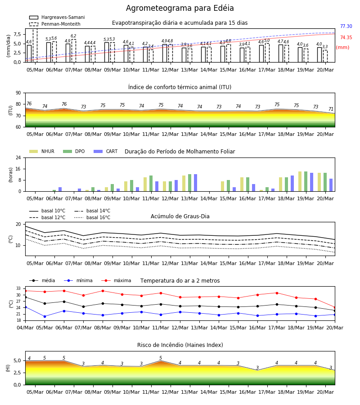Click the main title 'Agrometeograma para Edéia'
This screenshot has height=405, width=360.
point(180,8)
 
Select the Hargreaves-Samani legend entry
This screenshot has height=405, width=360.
point(57,17)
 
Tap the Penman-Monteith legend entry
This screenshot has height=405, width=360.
point(55,24)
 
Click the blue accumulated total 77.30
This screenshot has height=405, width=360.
point(346,26)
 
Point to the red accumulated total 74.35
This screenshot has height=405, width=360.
point(346,37)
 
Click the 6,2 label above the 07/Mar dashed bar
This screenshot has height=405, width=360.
point(73,36)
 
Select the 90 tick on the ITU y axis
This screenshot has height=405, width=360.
point(18,93)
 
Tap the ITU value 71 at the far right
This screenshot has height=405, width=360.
point(331,109)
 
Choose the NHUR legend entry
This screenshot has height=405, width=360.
point(42,151)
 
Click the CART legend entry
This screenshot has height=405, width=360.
point(106,151)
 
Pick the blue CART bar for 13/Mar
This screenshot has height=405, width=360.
point(195,183)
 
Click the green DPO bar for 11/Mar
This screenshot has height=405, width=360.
point(151,184)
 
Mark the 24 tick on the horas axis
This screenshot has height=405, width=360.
point(18,157)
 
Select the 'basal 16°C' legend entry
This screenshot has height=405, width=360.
point(92,217)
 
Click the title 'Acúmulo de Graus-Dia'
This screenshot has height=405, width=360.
point(180,216)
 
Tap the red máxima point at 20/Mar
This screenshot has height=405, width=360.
point(335,308)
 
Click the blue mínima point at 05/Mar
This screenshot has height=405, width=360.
point(45,316)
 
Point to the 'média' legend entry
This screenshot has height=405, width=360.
point(42,280)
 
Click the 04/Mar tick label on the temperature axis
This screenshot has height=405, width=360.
point(25,328)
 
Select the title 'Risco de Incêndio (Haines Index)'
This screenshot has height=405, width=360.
point(180,345)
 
